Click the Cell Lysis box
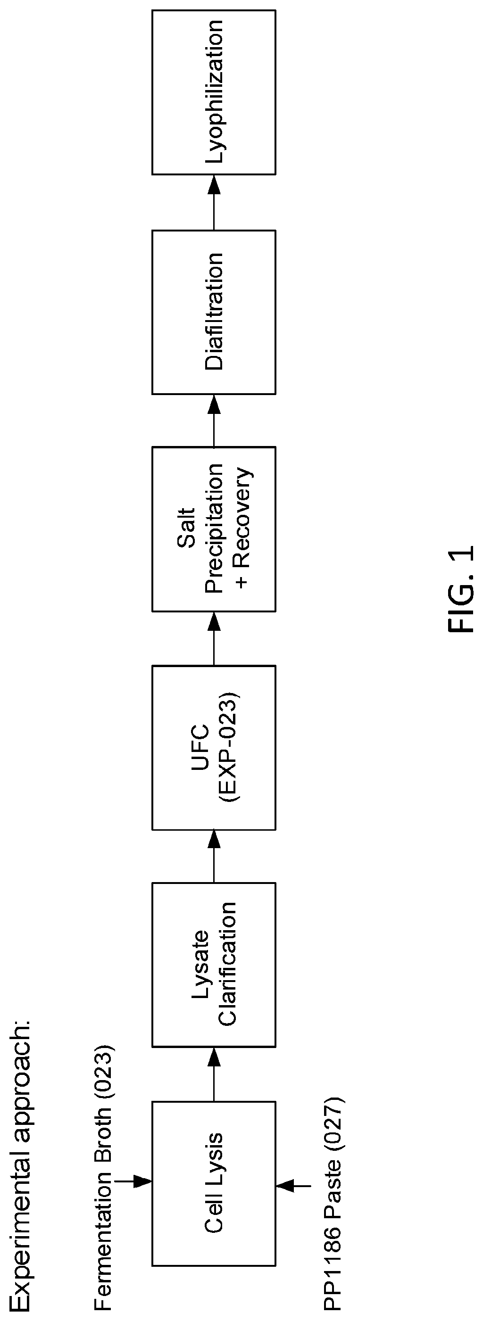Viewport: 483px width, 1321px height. click(x=214, y=1183)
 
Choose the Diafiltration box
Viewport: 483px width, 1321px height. click(x=214, y=312)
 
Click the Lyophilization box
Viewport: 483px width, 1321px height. click(x=214, y=92)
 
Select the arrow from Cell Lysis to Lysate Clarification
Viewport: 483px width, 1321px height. click(x=214, y=1074)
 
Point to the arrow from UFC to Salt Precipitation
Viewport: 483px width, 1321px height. click(x=214, y=638)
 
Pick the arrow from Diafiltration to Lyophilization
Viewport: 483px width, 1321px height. click(x=214, y=202)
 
